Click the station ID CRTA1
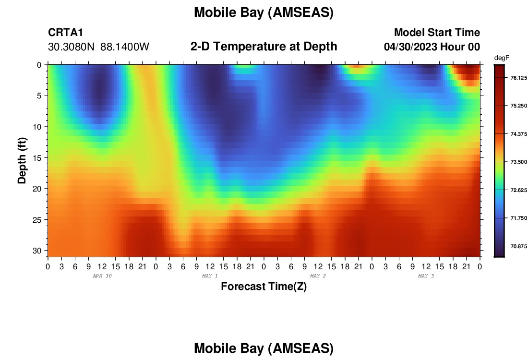coord(65,32)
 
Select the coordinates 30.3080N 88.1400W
coord(98,47)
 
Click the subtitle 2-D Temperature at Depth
coord(264,47)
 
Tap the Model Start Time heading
coord(437,32)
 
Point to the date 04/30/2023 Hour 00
coord(432,47)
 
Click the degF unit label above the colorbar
coord(502,58)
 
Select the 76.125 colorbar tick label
coord(518,78)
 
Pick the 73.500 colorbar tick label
coord(518,162)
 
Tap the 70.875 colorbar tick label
coord(518,247)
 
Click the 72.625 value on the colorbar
coord(518,190)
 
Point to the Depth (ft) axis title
coord(22,160)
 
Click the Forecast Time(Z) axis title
coord(264,286)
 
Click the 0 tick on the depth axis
coord(39,65)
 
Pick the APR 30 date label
coord(102,276)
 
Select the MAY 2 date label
coord(318,276)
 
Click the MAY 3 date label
coord(426,276)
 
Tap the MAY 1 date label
coord(210,276)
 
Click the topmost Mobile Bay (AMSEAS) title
coord(264,13)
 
